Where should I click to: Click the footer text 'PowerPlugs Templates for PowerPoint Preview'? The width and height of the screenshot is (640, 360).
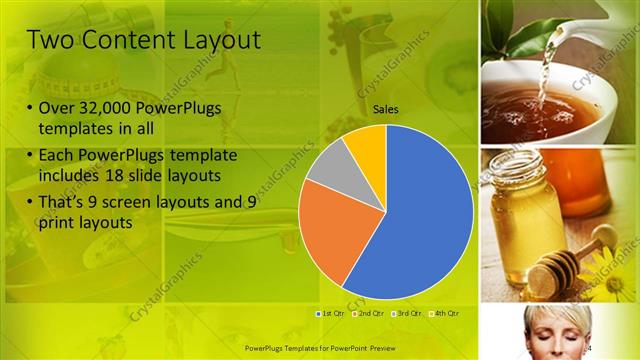321,349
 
